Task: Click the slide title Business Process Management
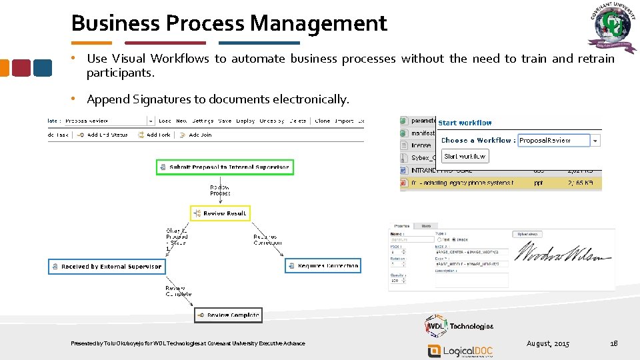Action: coord(229,23)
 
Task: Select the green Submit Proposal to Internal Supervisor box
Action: coord(225,167)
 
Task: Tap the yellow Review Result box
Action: coord(220,213)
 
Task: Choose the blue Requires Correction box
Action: coord(323,266)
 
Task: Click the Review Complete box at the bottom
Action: coord(228,315)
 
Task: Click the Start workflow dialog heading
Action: coord(465,123)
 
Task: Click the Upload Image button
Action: coord(527,234)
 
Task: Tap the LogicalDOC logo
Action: coord(460,351)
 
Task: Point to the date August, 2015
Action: coord(548,343)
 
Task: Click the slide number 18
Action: coord(614,343)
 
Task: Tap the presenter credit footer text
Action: coord(188,343)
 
